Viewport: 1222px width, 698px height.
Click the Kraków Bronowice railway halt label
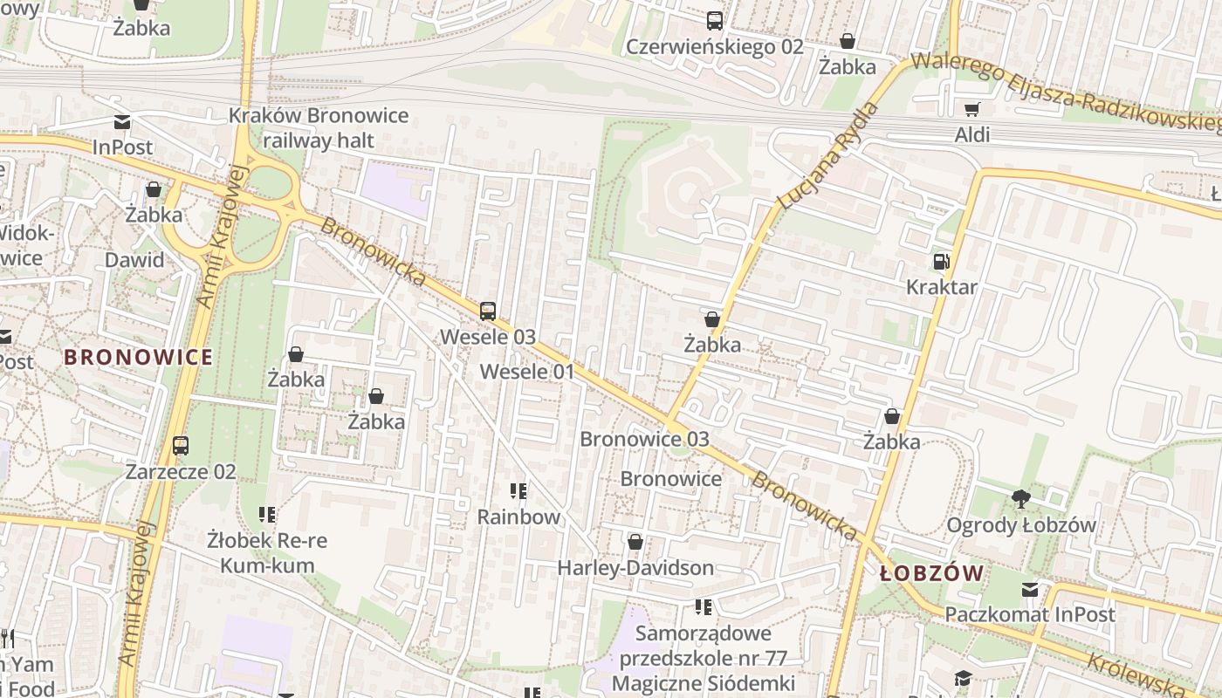pos(319,128)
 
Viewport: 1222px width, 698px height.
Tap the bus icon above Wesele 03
pos(488,311)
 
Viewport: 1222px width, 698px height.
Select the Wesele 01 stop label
pos(527,372)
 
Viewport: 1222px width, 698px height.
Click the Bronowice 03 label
pos(644,439)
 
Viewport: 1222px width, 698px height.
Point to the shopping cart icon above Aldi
pos(971,110)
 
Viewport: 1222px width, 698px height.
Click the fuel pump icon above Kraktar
pos(941,262)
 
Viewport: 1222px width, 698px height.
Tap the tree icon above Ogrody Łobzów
pos(1020,500)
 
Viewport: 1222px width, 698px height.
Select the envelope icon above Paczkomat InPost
pos(1030,590)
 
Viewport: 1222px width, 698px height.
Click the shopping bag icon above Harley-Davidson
pos(635,543)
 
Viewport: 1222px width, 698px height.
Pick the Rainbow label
pos(518,517)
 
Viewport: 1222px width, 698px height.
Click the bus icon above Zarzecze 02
pos(181,446)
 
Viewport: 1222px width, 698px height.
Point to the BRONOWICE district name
pos(138,357)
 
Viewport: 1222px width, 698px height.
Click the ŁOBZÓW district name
pos(931,573)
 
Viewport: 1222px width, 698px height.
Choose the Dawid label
pos(134,260)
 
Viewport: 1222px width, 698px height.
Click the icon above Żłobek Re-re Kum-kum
pos(267,516)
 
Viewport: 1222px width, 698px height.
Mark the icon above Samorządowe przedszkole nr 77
pos(704,607)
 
